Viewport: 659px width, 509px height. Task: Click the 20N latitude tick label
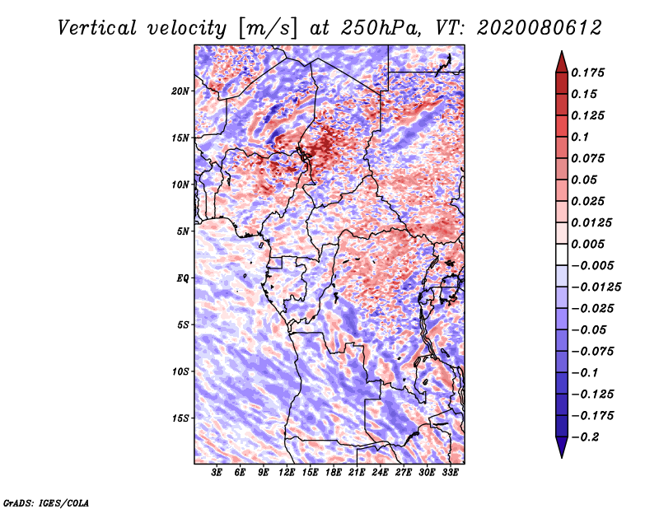(180, 91)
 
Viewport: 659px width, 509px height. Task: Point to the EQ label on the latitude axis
(183, 278)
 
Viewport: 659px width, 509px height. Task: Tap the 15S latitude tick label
(180, 418)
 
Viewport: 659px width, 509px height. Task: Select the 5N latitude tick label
(183, 231)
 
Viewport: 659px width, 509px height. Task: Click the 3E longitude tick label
(217, 473)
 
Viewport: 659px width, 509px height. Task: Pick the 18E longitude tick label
(334, 473)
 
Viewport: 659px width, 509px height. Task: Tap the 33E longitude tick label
(450, 473)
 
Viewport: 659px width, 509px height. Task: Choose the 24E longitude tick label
(380, 473)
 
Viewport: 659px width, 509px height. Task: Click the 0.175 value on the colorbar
(587, 72)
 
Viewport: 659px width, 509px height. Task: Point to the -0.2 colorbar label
(585, 437)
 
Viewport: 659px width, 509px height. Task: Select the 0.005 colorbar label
(587, 244)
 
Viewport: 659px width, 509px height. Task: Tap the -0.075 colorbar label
(592, 352)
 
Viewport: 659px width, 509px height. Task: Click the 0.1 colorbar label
(580, 137)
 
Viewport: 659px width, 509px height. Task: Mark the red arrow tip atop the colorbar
(562, 51)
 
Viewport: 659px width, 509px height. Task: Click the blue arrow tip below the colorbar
(562, 457)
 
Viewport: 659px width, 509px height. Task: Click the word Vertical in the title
(97, 28)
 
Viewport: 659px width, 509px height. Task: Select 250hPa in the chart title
(381, 28)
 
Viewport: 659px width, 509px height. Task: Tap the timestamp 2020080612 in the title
(540, 28)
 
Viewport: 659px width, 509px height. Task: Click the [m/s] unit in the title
(268, 29)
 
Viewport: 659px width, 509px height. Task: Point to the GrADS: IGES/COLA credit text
(46, 502)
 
